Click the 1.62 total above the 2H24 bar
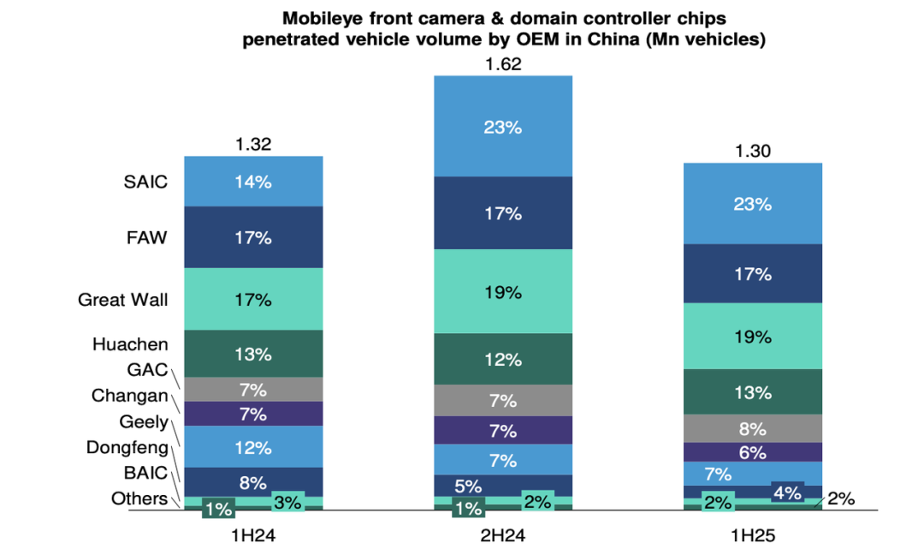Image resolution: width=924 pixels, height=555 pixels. (503, 63)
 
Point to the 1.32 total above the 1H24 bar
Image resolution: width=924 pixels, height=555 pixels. (253, 144)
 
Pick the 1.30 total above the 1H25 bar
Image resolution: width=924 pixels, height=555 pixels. (752, 151)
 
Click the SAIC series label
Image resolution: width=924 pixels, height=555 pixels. (145, 182)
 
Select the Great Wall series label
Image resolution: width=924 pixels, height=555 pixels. (122, 300)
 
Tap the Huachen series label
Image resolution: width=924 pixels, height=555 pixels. (130, 344)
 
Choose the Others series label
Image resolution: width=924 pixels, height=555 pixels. (139, 498)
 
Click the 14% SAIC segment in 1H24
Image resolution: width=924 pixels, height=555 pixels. (253, 182)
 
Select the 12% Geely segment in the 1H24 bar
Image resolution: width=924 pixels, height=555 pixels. (253, 447)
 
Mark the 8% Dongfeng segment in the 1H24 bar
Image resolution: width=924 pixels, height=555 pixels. (253, 482)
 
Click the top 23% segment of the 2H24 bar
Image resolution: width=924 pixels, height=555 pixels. (503, 127)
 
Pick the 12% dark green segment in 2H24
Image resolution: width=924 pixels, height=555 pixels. (503, 359)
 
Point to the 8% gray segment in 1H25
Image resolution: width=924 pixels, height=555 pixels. (752, 427)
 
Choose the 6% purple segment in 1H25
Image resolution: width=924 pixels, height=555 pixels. (752, 452)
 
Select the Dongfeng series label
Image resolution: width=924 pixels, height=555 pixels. (127, 447)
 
